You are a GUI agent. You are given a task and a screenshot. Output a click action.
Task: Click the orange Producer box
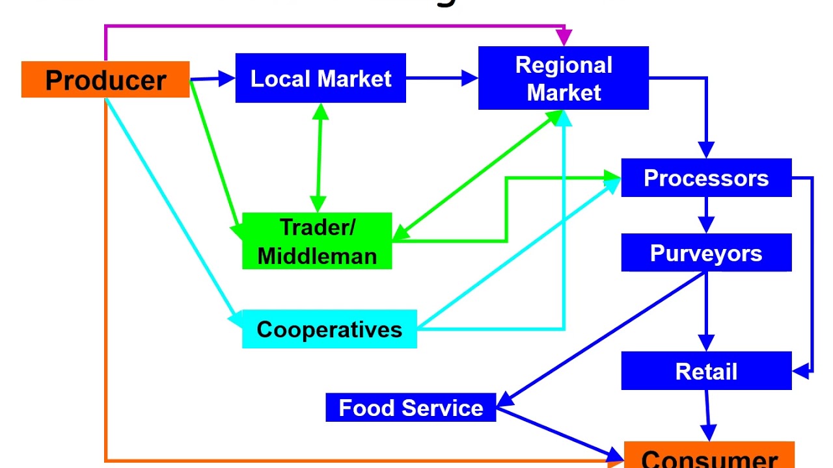pos(105,80)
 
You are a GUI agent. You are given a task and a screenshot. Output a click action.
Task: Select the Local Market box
pos(320,79)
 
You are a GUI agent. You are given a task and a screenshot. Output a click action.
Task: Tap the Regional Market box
pos(564,78)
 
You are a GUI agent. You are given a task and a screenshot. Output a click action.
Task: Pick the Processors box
pos(706,178)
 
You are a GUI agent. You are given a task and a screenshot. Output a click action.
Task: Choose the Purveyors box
pos(706,253)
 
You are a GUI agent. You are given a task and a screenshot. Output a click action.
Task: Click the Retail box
pos(706,371)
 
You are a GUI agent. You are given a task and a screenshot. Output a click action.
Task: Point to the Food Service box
pos(411,408)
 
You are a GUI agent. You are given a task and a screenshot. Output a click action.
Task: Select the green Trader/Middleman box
pos(317,241)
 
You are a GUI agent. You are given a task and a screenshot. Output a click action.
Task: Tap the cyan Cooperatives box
pos(329,329)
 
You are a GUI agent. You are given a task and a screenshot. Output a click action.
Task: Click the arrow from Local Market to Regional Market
pos(442,79)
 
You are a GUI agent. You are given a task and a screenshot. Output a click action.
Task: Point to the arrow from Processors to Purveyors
pos(706,214)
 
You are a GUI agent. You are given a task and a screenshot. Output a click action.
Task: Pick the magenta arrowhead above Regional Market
pos(564,37)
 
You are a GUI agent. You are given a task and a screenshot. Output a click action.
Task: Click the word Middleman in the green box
pos(317,255)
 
